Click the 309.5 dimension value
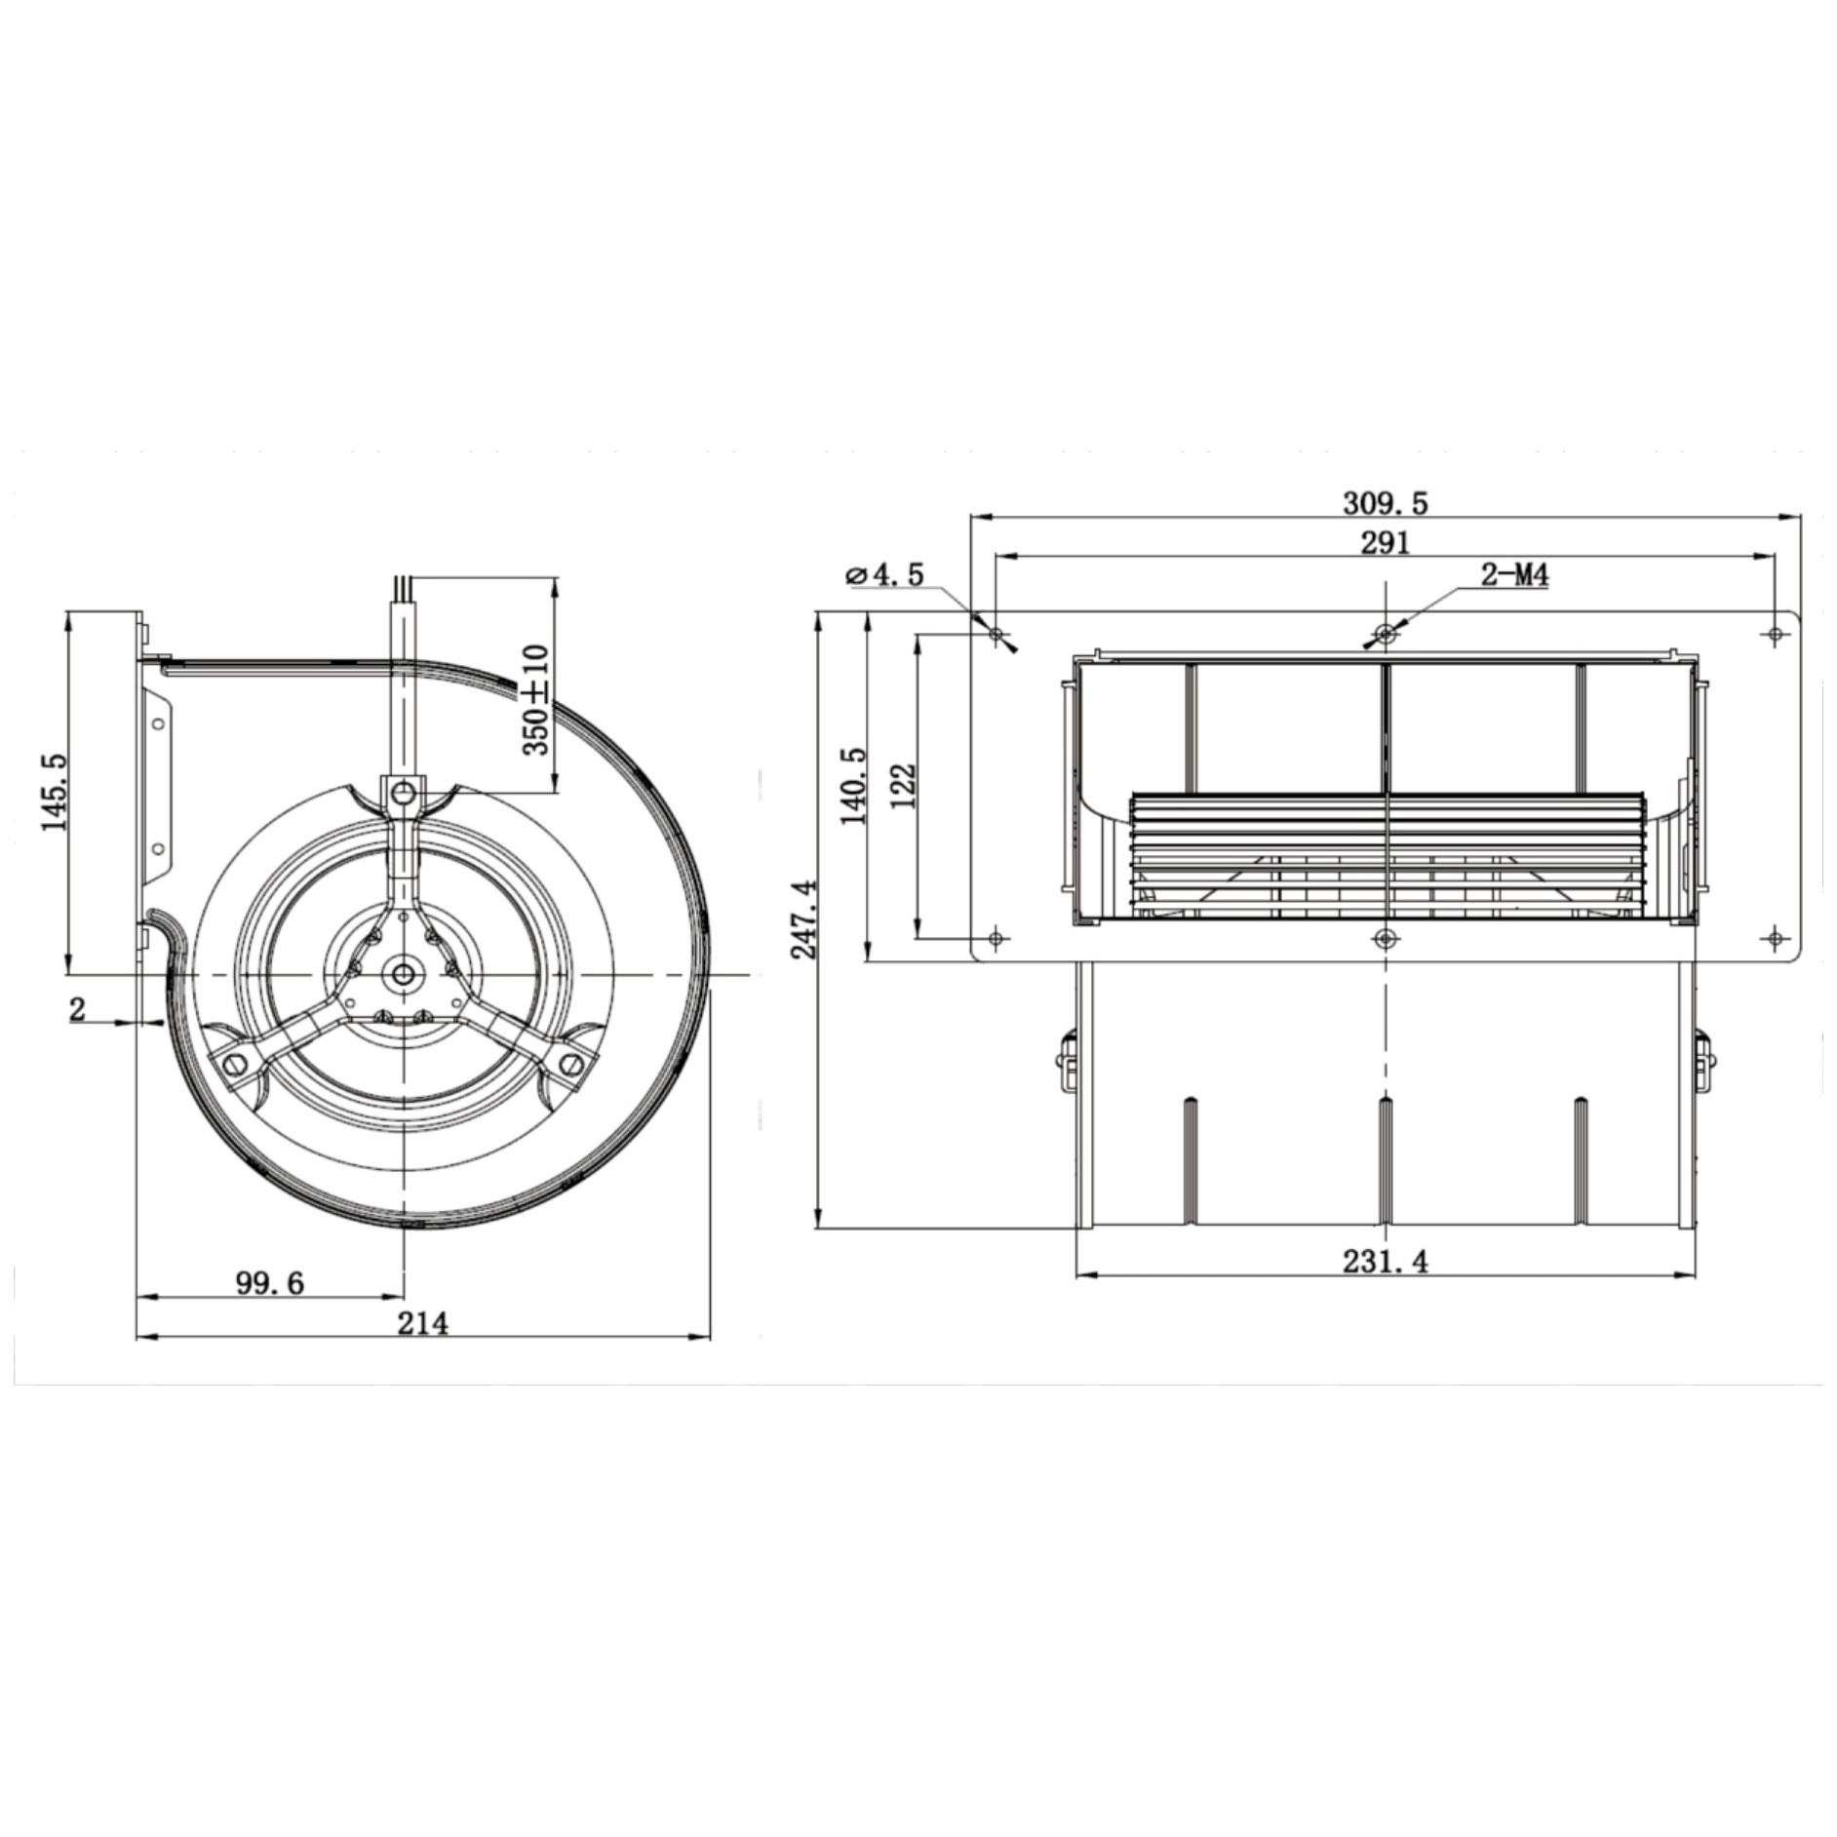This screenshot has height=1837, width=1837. tap(1385, 503)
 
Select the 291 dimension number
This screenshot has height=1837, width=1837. tap(1386, 542)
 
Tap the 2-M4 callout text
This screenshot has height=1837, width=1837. tap(1514, 575)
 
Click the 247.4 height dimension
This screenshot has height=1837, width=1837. tap(805, 917)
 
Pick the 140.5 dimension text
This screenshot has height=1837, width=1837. tap(853, 786)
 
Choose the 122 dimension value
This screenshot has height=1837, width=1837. tap(904, 786)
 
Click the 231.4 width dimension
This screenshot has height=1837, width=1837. tap(1385, 1262)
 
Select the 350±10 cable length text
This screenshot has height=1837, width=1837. tap(537, 699)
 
